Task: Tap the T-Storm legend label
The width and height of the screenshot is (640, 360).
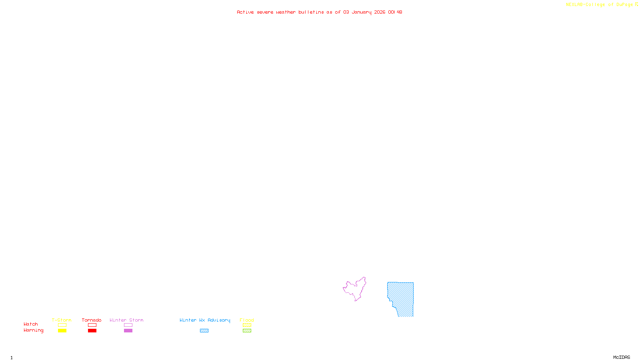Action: (x=62, y=320)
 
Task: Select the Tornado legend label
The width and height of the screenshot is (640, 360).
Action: (x=92, y=320)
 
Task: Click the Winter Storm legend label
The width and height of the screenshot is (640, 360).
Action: (x=126, y=320)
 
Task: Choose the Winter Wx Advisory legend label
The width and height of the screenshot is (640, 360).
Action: (x=205, y=320)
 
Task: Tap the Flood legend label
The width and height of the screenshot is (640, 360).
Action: (x=247, y=320)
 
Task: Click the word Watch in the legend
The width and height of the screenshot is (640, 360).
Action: (x=31, y=324)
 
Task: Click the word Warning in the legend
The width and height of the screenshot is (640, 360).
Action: (x=33, y=330)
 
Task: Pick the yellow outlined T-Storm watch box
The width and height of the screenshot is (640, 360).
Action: (x=62, y=325)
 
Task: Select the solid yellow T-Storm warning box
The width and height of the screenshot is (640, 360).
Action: (x=62, y=331)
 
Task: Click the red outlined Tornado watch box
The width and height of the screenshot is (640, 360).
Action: (x=92, y=325)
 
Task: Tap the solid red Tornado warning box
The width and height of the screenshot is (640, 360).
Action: (x=92, y=331)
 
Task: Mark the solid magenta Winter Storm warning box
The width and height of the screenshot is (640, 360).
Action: (x=128, y=331)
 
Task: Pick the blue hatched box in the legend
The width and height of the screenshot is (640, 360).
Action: (x=204, y=331)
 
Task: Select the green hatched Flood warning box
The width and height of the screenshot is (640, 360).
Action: (x=247, y=331)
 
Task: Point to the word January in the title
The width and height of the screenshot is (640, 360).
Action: (x=362, y=12)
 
